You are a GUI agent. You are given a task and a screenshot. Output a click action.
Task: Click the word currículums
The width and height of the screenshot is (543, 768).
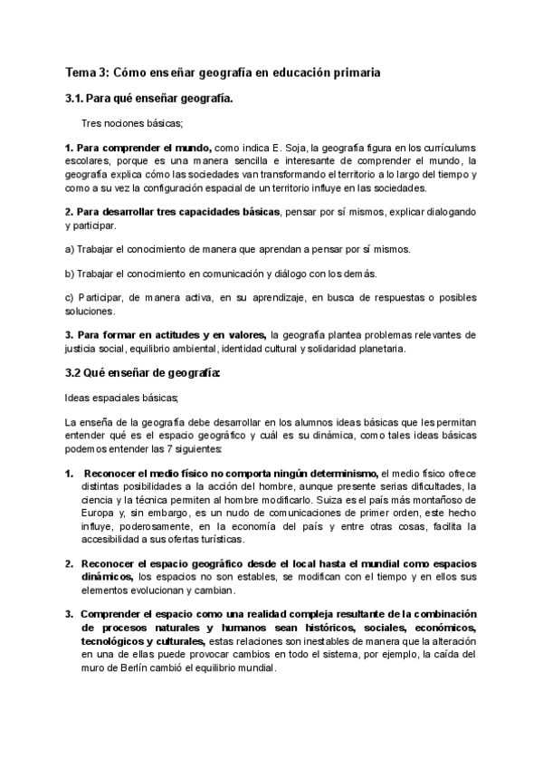click(x=445, y=148)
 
